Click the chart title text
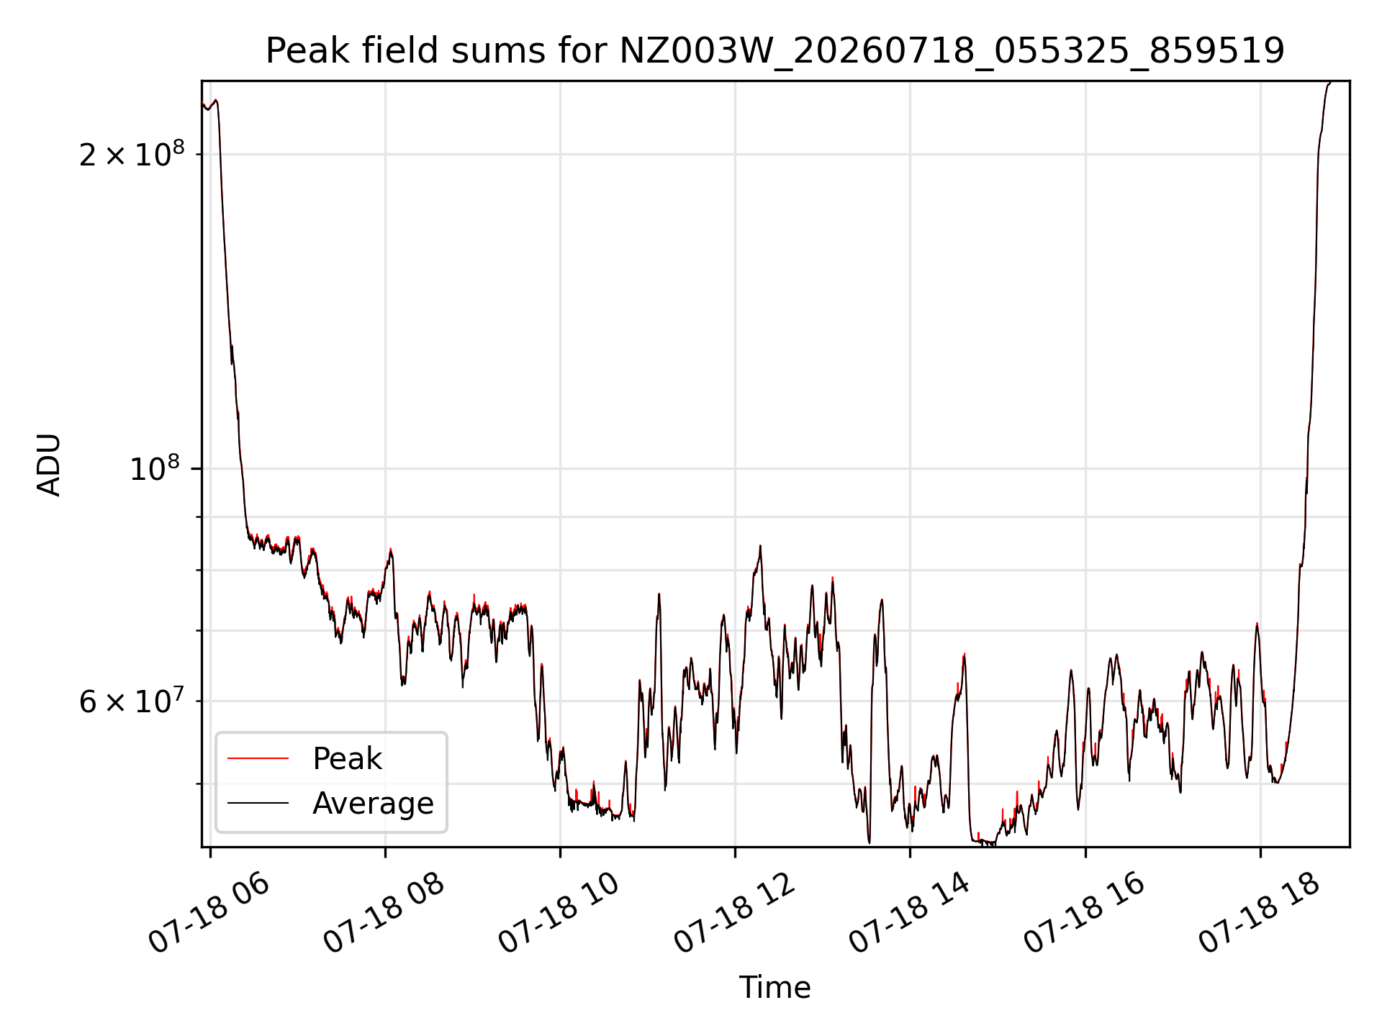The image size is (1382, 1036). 775,51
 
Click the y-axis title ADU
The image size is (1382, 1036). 49,465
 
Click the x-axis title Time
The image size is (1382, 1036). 775,988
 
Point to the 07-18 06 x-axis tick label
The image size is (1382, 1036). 209,914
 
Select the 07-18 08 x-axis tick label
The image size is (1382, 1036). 384,914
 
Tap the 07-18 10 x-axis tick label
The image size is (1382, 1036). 559,914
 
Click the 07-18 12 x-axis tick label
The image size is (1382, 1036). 734,914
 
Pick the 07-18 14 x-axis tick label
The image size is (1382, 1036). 909,914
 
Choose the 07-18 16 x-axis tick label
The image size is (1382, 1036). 1084,914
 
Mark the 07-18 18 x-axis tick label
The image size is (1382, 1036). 1260,914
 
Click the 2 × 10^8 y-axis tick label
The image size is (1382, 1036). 132,154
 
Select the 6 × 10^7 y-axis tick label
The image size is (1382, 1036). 132,701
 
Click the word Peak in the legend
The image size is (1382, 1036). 347,759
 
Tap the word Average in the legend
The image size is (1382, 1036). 373,804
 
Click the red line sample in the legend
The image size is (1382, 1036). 258,758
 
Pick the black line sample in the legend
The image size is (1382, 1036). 258,803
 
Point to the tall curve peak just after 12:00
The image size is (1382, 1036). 759,546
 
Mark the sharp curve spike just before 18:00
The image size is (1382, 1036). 1257,624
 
